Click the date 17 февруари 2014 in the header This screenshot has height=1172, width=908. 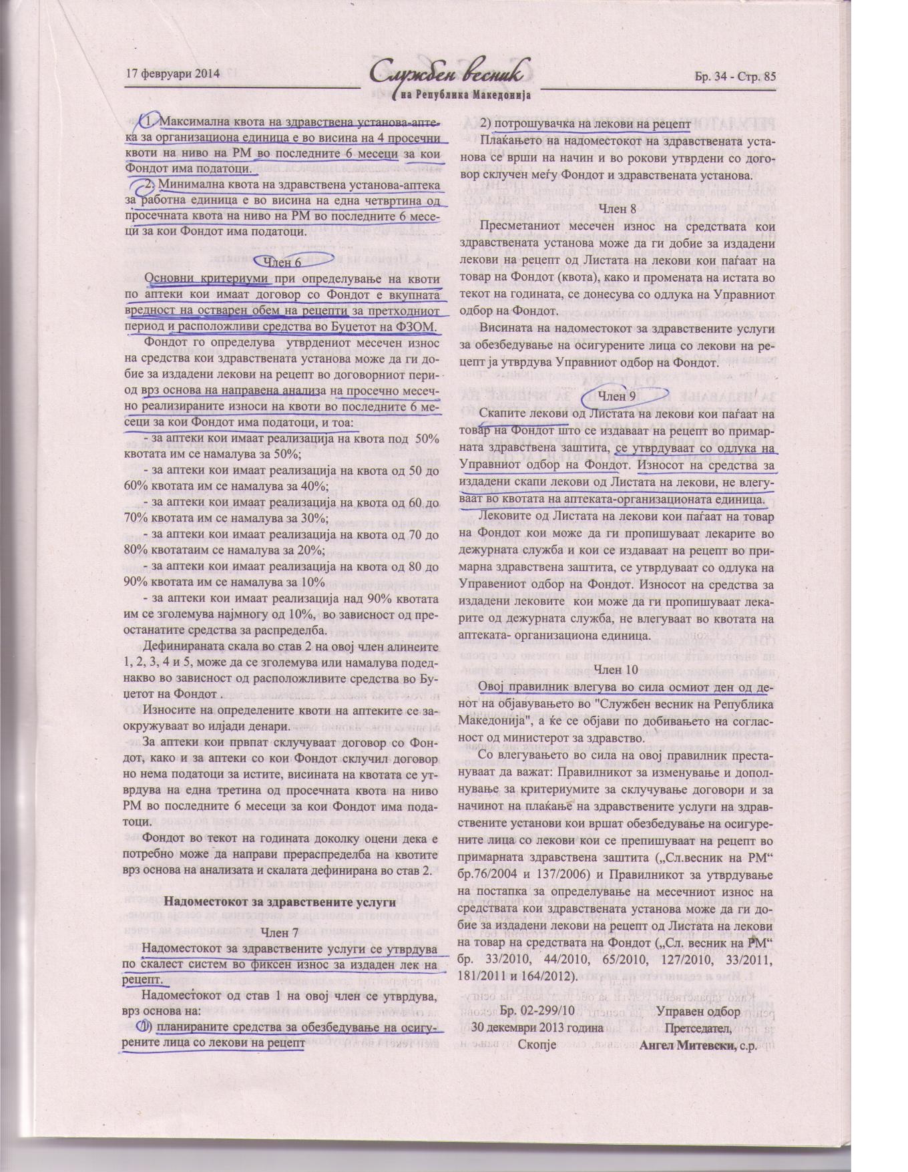172,75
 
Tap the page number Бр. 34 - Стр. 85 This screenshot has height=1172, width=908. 732,76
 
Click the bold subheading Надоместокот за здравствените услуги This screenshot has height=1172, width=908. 280,902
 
